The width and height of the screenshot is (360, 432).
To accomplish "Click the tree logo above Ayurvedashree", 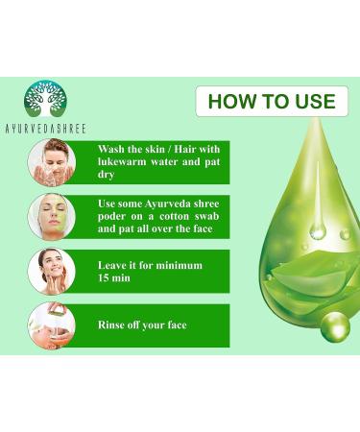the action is pyautogui.click(x=45, y=99).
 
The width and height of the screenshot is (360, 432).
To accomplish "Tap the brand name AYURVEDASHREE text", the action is pyautogui.click(x=45, y=129).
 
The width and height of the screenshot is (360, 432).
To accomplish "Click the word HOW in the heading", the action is pyautogui.click(x=228, y=102).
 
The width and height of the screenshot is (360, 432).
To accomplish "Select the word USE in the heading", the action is pyautogui.click(x=315, y=102).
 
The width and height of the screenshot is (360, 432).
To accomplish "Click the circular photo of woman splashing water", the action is pyautogui.click(x=52, y=162).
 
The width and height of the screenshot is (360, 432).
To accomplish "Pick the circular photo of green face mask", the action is pyautogui.click(x=52, y=217).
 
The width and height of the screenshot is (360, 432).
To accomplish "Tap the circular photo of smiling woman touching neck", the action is pyautogui.click(x=52, y=272).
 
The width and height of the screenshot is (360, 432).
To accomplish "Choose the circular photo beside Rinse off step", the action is pyautogui.click(x=52, y=325).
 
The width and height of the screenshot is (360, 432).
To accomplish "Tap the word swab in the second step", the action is pyautogui.click(x=208, y=216).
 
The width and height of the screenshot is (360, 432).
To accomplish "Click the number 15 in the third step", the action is pyautogui.click(x=104, y=277).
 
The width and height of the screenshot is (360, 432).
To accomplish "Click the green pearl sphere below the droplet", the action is pyautogui.click(x=336, y=327).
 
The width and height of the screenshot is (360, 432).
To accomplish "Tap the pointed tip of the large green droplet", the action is pyautogui.click(x=317, y=119).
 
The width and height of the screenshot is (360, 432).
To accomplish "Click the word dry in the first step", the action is pyautogui.click(x=106, y=175).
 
